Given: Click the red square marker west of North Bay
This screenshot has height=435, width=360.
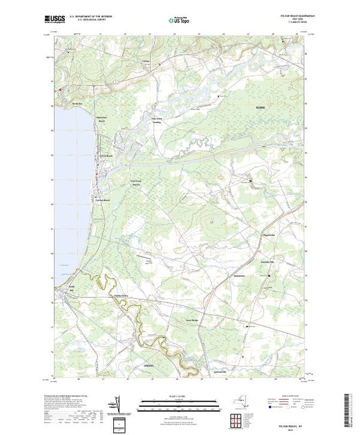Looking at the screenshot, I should pyautogui.click(x=60, y=88).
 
